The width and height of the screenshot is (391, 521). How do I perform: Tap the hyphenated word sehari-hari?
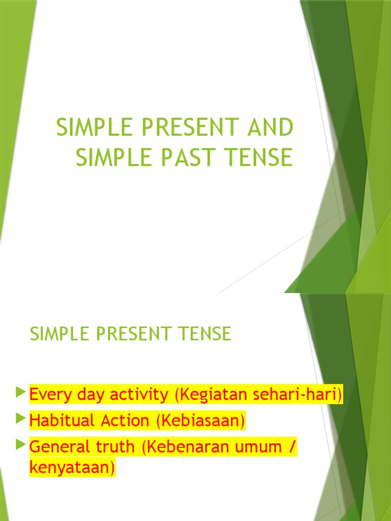click(x=300, y=394)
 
